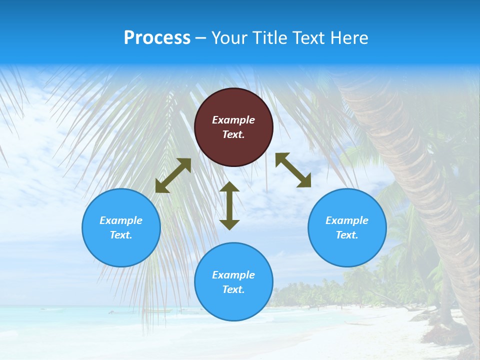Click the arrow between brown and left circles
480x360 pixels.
tap(173, 175)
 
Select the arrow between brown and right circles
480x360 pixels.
tap(293, 170)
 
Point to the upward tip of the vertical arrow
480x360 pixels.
tap(229, 183)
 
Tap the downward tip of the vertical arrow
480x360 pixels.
tap(229, 227)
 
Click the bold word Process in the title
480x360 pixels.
tap(157, 38)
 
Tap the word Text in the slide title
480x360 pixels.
tap(309, 38)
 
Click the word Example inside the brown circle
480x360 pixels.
tap(233, 120)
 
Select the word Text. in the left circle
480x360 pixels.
tap(121, 235)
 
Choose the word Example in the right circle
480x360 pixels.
tap(347, 220)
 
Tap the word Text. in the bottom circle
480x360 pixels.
tap(233, 289)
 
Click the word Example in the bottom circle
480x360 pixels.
tap(233, 275)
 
